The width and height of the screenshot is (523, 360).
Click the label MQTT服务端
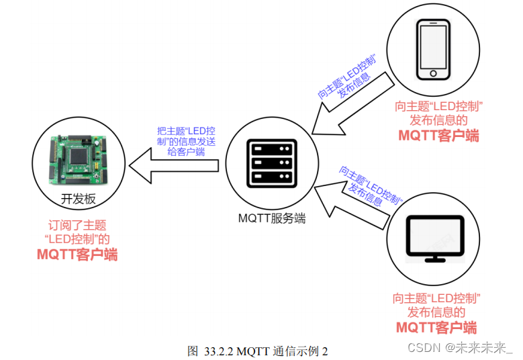click(271, 218)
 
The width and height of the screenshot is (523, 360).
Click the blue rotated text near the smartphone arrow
click(347, 79)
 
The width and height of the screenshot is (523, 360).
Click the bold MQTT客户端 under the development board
click(77, 255)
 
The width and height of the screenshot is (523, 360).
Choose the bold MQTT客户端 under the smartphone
click(438, 135)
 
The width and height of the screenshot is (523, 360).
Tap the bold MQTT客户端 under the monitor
click(436, 327)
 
